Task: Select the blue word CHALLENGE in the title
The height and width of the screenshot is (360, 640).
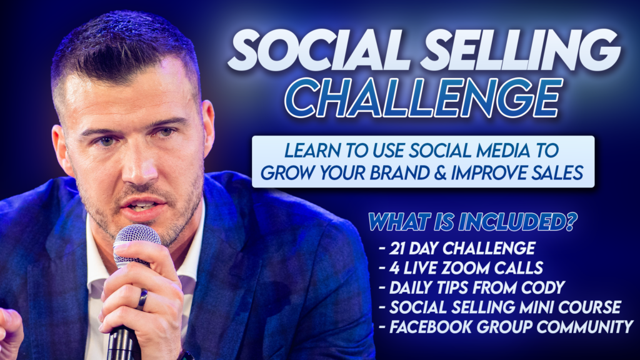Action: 423,98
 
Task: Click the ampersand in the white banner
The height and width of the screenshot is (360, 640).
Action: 439,173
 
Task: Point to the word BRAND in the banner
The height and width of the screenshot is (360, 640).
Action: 399,173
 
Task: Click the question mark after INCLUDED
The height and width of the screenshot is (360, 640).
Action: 570,222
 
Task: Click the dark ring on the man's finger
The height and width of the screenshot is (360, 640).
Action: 142,299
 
